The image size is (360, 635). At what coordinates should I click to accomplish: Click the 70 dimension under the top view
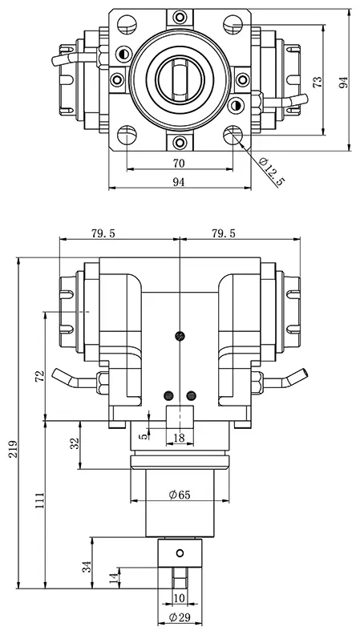[179, 163]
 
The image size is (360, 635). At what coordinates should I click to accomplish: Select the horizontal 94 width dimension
[179, 183]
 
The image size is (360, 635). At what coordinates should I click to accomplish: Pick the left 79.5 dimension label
[103, 233]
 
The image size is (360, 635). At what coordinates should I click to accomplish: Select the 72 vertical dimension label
[41, 378]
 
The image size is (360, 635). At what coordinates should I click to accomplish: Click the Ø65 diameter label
[180, 495]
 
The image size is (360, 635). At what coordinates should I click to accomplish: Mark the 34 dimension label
[87, 568]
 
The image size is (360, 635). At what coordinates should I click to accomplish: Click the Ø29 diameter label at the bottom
[180, 618]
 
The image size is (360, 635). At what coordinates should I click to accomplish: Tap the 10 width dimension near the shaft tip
[180, 598]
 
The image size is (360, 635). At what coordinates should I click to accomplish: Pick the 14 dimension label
[113, 576]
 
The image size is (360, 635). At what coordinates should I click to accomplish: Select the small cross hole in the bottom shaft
[180, 552]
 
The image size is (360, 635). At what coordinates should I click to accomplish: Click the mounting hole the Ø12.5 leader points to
[235, 135]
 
